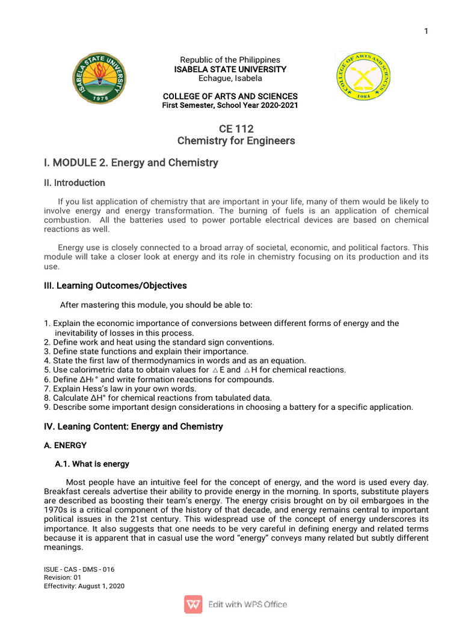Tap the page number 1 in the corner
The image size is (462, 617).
(426, 31)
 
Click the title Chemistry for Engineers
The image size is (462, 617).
(236, 141)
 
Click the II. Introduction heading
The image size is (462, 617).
(75, 183)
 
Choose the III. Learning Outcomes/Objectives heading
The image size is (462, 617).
(115, 286)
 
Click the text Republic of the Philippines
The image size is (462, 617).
(230, 60)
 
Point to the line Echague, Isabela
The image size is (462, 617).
(230, 78)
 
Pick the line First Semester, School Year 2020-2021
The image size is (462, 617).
(230, 105)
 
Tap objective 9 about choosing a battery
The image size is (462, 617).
(229, 407)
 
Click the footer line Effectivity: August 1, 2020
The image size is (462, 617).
(84, 586)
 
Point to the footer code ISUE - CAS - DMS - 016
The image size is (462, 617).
(79, 569)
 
